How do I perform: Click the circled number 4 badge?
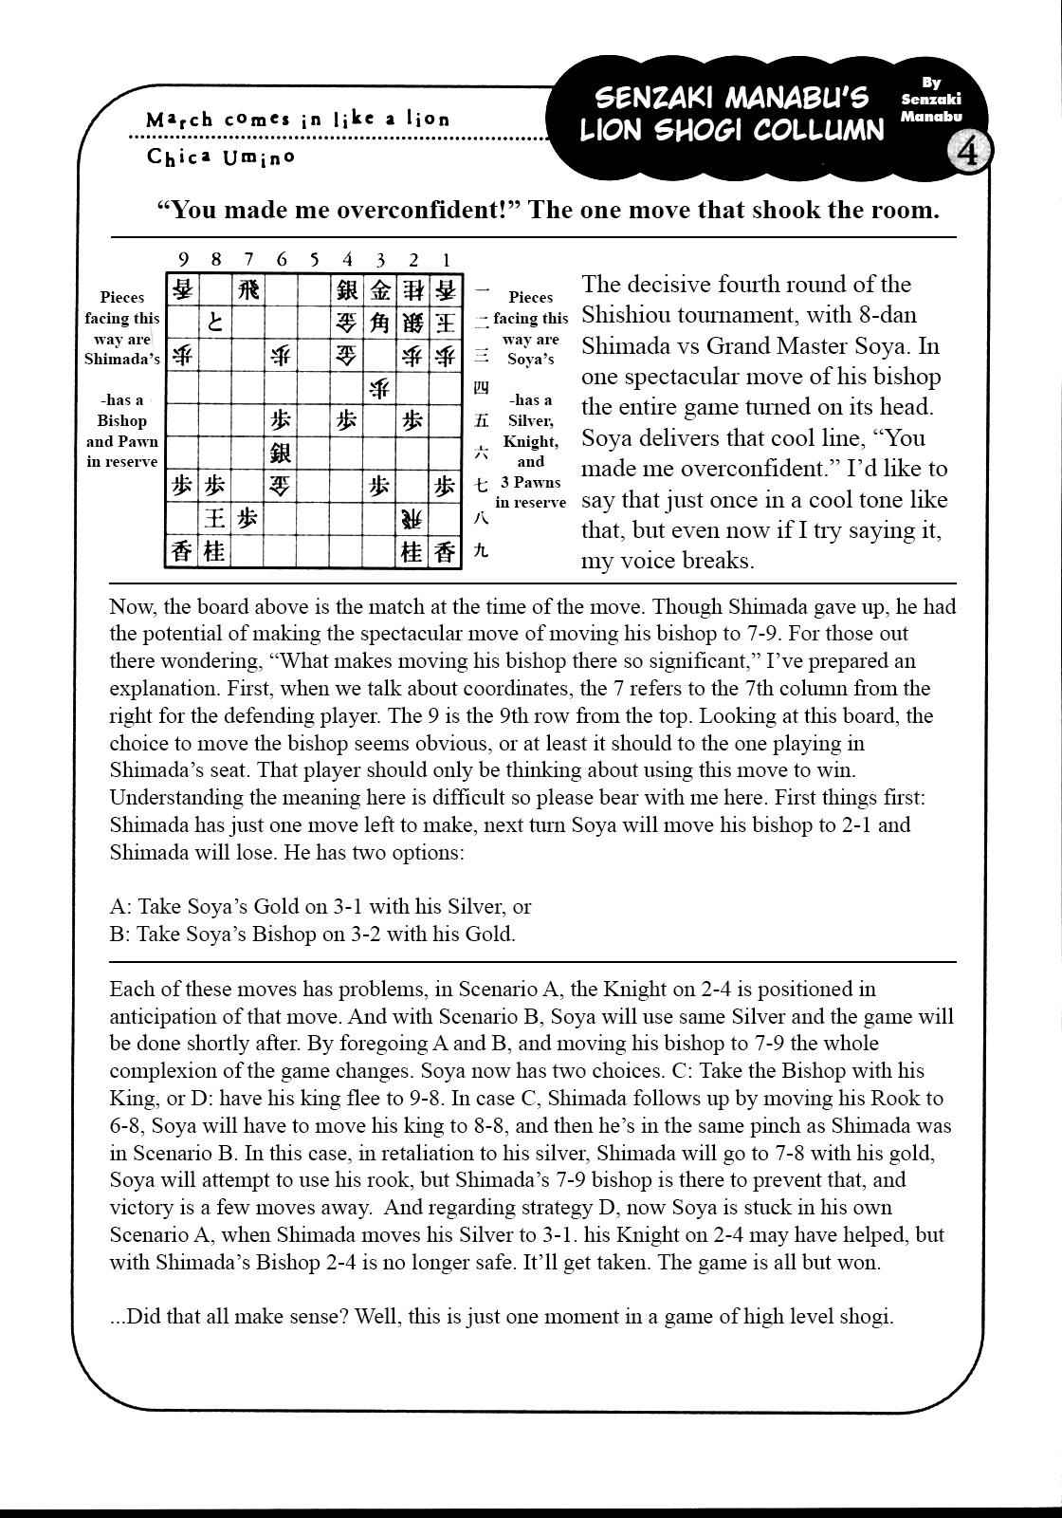pos(969,153)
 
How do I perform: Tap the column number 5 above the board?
pos(314,259)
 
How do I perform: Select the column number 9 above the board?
pos(182,259)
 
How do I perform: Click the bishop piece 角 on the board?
pos(379,323)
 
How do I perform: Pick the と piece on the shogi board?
pos(215,323)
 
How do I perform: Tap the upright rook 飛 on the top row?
pos(248,289)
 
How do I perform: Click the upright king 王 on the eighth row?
pos(215,518)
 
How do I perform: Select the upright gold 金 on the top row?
pos(379,289)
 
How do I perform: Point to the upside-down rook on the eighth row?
pos(412,518)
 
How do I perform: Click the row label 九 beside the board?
pos(481,550)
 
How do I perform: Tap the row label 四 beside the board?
pos(481,387)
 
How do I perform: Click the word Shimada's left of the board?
pos(122,359)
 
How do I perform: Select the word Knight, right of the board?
pos(531,441)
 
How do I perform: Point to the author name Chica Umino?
pos(221,157)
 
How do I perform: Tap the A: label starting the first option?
pos(120,906)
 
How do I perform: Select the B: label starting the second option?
pos(120,934)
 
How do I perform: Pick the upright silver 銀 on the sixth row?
pos(281,453)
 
